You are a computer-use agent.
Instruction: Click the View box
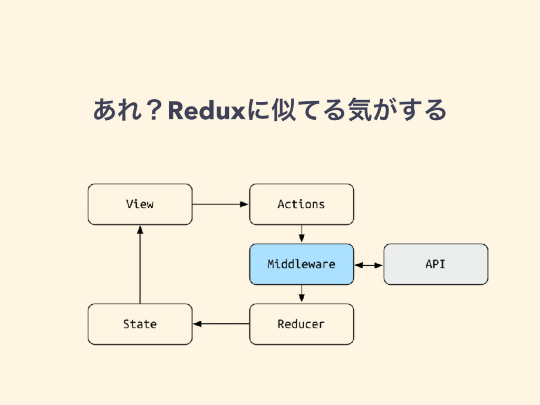point(140,204)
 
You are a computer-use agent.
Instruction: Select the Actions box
point(301,204)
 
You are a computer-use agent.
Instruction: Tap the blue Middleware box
point(301,264)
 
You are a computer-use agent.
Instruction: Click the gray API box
point(436,264)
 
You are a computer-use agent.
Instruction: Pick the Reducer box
point(301,324)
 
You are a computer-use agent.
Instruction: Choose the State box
point(140,324)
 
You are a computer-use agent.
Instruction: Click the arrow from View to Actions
point(220,204)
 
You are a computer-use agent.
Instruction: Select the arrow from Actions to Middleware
point(302,234)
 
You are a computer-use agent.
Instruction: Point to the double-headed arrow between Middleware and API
point(369,265)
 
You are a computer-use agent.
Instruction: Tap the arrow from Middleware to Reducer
point(302,294)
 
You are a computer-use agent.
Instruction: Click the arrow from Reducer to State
point(221,324)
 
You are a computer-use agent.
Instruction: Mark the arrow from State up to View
point(140,265)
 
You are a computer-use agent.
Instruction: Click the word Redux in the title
point(207,111)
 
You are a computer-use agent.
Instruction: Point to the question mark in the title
point(154,110)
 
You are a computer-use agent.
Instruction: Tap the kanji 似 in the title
point(284,110)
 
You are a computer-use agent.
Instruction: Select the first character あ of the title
point(105,110)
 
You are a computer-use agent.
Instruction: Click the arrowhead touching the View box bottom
point(140,230)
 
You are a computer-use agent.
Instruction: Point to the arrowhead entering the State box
point(197,324)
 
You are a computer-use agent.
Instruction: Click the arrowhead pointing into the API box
point(379,265)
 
